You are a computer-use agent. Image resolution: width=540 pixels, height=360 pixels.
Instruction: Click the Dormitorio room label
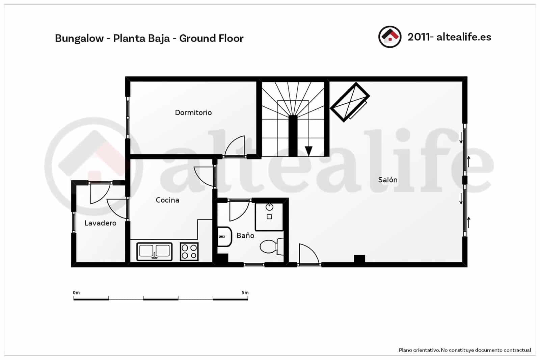click(193, 112)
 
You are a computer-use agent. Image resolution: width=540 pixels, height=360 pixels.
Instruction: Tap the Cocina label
click(167, 200)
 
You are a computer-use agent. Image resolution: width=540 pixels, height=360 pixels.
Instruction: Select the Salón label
click(387, 180)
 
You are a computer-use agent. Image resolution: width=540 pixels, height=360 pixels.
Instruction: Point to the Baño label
click(245, 235)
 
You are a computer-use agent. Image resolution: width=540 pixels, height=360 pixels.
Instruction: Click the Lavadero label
click(100, 223)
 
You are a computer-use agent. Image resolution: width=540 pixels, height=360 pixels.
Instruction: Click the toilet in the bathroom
click(271, 246)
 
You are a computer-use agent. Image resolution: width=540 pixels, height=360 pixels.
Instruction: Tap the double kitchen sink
click(154, 251)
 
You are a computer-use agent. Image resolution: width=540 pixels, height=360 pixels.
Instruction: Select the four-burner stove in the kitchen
click(189, 252)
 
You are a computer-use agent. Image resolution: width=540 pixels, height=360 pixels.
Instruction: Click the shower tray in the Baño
click(269, 216)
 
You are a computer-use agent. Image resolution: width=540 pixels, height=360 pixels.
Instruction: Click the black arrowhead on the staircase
click(308, 150)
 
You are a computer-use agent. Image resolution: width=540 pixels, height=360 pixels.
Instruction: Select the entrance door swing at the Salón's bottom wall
click(308, 254)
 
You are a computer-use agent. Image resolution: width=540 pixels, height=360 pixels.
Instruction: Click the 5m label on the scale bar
click(245, 292)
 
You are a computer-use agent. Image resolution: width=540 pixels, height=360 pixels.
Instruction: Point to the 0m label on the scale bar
click(76, 292)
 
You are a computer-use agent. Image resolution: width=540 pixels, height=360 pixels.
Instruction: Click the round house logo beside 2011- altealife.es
click(390, 37)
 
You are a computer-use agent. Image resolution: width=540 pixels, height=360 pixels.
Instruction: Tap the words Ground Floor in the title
click(211, 38)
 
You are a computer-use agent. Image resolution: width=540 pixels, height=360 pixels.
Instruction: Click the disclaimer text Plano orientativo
click(419, 350)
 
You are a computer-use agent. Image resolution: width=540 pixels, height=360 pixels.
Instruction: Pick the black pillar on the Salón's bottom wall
click(359, 259)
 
